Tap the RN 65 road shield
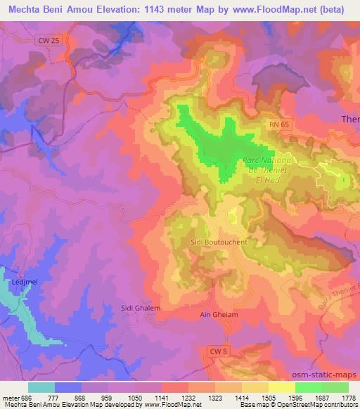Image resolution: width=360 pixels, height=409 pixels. click(x=278, y=124)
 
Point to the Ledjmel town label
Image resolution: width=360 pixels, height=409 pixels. click(x=23, y=282)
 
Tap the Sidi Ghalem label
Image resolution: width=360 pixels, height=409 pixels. click(x=141, y=308)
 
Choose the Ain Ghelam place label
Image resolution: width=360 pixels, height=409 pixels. click(x=219, y=315)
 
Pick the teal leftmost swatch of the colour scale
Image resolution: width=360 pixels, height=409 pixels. click(x=41, y=387)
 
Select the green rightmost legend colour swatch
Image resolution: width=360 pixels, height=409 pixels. click(x=335, y=387)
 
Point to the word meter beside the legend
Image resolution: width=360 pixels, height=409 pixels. click(x=9, y=396)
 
